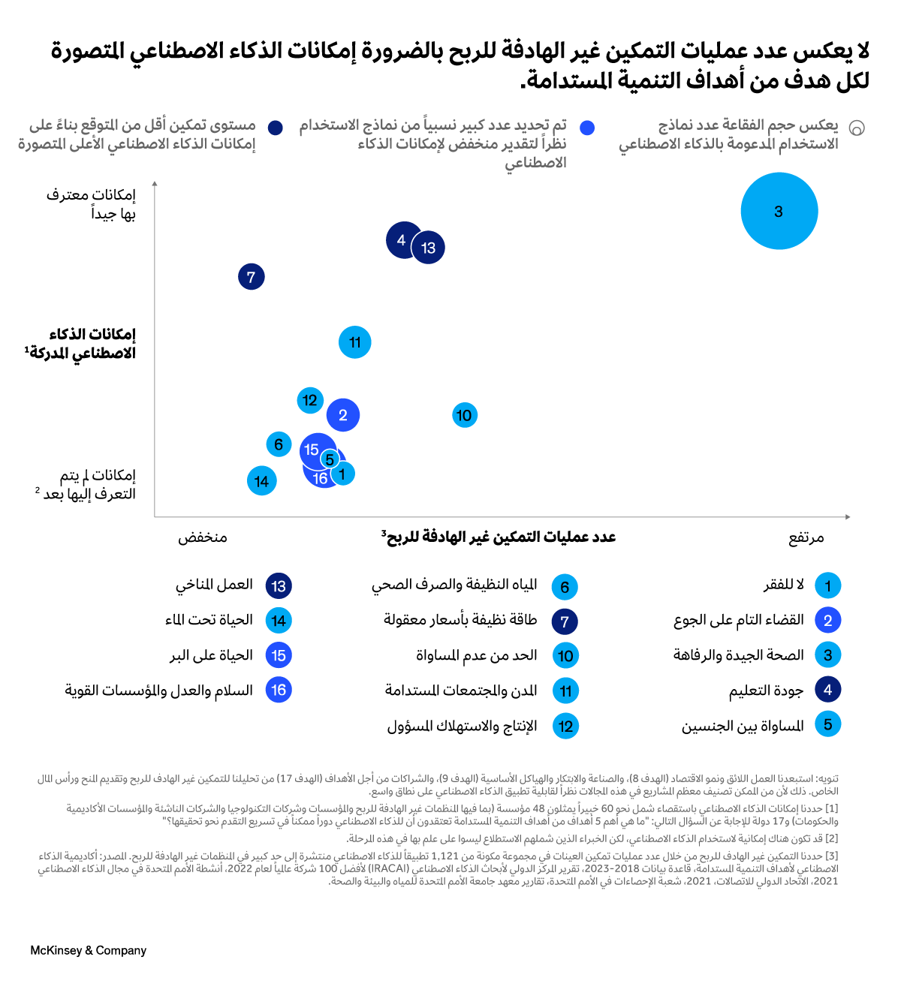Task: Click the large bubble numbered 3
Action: (779, 211)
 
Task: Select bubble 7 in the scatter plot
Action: (252, 277)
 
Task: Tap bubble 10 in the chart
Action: (465, 415)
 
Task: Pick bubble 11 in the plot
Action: (355, 342)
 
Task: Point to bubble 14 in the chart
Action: (261, 481)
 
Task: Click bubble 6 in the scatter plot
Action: (279, 444)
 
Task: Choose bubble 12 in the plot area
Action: (310, 400)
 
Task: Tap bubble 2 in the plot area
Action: (343, 415)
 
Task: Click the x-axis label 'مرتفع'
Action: (806, 537)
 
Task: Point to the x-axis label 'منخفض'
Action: (203, 537)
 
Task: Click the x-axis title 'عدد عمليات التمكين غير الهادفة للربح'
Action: (499, 537)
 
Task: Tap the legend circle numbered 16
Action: (279, 690)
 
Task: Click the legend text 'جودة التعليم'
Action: (766, 691)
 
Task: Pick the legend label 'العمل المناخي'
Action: (214, 585)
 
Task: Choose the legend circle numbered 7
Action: (565, 621)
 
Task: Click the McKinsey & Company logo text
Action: (89, 950)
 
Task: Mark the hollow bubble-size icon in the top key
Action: (857, 128)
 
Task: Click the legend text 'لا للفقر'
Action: (784, 585)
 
